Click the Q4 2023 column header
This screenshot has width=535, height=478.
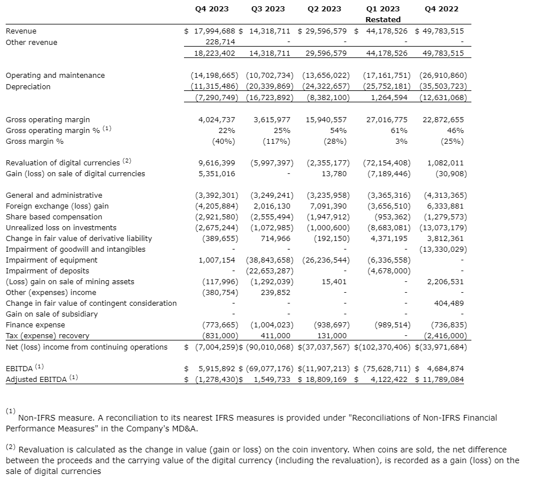211,9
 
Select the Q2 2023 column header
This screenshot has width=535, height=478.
324,9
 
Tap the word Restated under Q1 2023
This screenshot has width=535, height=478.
383,19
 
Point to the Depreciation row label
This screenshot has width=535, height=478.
28,86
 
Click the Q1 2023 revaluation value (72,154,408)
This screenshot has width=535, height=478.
387,163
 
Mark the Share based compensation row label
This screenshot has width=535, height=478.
54,217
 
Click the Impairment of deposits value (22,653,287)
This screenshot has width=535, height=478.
269,271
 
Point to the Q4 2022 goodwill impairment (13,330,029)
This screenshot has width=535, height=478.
443,249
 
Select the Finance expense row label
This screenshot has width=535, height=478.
35,325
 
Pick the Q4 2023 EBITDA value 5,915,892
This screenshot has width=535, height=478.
218,368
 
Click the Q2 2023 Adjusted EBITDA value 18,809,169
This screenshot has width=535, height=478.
325,379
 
